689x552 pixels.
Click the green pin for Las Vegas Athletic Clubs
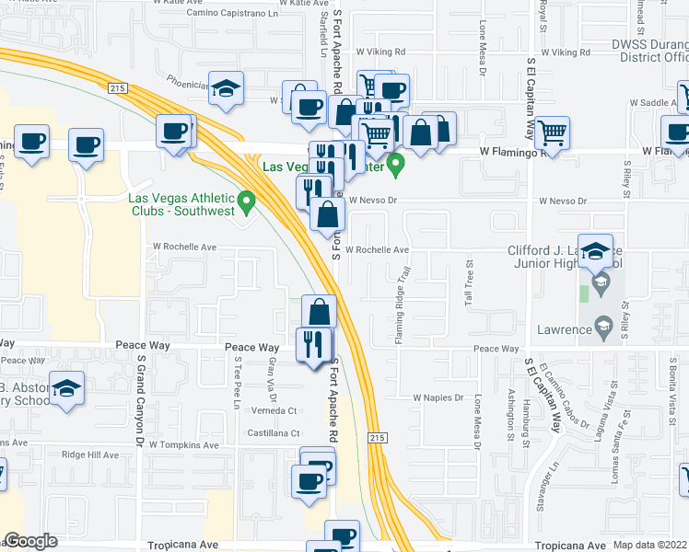tap(246, 200)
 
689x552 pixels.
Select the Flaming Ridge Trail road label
tap(401, 307)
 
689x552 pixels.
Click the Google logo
tap(30, 541)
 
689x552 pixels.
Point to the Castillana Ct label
tap(271, 432)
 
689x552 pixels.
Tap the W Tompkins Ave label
tap(183, 445)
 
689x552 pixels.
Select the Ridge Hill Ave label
tap(90, 455)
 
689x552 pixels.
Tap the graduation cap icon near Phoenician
tap(226, 89)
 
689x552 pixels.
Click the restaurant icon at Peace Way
tap(314, 344)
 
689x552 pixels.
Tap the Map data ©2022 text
tap(648, 545)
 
